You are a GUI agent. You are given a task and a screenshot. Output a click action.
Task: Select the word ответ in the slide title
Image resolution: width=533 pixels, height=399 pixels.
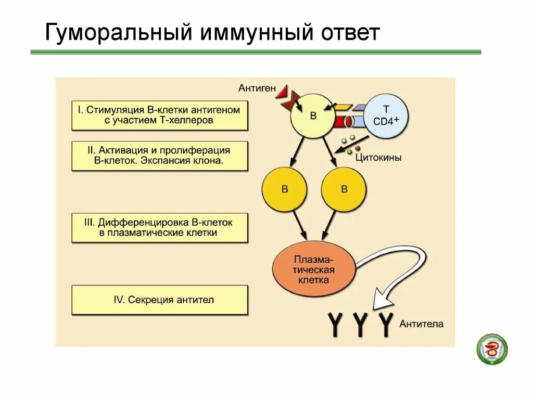346,33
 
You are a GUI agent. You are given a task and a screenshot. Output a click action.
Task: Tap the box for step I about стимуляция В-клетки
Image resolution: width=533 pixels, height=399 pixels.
159,115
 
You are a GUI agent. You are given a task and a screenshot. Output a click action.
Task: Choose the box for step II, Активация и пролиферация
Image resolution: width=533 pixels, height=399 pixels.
159,156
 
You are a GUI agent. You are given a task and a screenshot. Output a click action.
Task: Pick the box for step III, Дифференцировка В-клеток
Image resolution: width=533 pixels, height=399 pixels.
159,228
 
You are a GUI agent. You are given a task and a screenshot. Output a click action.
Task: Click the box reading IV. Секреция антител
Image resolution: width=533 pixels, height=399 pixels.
159,300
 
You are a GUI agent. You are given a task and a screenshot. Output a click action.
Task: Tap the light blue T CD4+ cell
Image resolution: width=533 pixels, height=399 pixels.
386,115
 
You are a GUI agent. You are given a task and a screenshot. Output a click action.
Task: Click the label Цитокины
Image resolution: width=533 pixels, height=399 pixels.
378,158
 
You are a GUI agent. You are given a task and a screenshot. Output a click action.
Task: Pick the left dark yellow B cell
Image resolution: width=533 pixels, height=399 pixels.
284,189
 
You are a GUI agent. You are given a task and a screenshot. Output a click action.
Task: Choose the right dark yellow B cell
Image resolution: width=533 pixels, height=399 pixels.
344,189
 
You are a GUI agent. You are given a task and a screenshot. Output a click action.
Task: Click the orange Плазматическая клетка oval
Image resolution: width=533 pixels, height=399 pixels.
314,269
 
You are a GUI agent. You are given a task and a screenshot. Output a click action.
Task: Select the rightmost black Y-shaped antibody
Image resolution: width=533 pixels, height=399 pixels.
386,324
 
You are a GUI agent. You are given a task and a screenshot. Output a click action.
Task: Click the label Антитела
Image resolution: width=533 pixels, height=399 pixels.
422,324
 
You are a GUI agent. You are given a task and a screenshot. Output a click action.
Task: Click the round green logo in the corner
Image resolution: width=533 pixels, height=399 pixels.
492,349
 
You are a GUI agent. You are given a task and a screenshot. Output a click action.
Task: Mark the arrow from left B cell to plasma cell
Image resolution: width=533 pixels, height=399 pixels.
300,225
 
